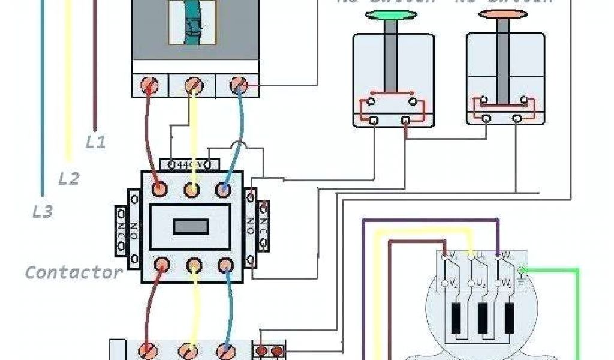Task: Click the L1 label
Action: [96, 142]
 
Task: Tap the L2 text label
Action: [69, 178]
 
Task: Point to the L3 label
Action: [42, 211]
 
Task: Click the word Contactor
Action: [74, 272]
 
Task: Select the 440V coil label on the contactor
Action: [190, 163]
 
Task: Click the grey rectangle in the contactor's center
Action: [191, 226]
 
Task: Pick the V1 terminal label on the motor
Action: [453, 256]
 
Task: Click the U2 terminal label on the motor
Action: [480, 281]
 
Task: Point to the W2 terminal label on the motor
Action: [506, 281]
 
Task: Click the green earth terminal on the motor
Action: [522, 270]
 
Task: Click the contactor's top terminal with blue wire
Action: [225, 189]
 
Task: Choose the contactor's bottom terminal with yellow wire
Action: [193, 265]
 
